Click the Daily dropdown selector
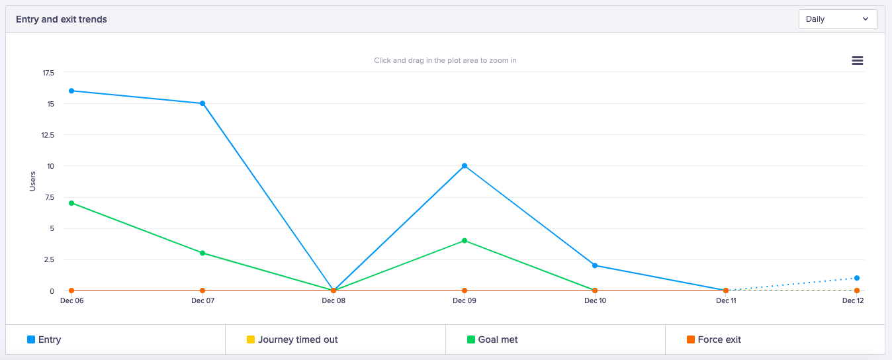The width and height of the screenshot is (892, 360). coord(838,19)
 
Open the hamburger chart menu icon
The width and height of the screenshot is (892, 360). coord(857,60)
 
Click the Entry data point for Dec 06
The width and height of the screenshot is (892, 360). coord(71,91)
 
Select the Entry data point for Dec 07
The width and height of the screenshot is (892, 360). coord(202,103)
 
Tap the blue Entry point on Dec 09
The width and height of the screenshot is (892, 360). coord(465,165)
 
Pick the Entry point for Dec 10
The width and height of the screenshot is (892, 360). coord(595,265)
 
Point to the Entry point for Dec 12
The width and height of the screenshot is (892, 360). coord(857,278)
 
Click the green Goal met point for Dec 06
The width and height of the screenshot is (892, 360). coord(71,203)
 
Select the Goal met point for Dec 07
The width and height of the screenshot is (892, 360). coord(202,253)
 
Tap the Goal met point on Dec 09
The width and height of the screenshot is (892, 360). coord(465,240)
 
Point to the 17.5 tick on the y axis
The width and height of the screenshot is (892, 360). coord(48,73)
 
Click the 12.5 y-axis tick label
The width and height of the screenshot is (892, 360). coord(48,135)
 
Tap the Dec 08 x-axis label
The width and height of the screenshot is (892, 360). coord(334,300)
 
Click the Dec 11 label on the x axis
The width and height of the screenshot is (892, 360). coord(726,300)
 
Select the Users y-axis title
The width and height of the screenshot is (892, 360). coord(32,181)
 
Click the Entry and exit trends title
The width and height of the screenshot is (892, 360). coord(62,19)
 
